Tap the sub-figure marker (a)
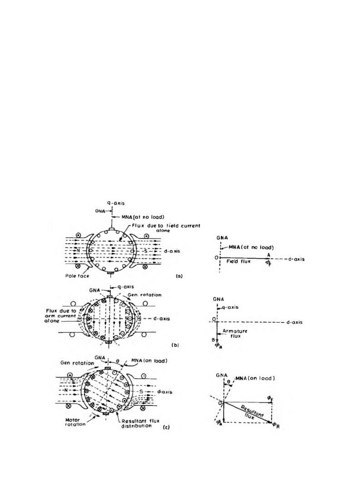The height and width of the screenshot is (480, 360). (x=179, y=277)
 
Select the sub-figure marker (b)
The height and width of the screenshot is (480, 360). (x=175, y=345)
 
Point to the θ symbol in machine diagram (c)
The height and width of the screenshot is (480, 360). (x=118, y=361)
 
